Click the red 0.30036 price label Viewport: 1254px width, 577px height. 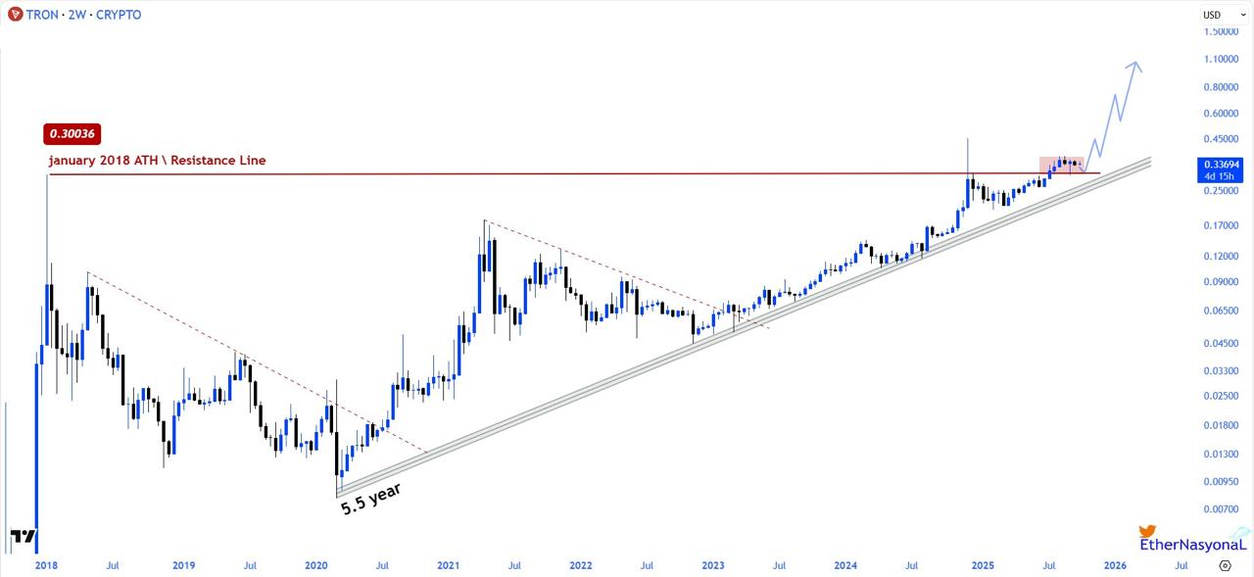[73, 133]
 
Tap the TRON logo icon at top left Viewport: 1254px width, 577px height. [15, 15]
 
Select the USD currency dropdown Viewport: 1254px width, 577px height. [1218, 15]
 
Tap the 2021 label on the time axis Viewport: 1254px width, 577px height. [448, 565]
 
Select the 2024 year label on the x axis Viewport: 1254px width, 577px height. [845, 565]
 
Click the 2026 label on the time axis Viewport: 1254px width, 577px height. [1115, 565]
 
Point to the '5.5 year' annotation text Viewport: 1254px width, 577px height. [370, 499]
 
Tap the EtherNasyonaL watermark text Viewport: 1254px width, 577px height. [1193, 545]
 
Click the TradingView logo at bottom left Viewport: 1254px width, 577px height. [23, 537]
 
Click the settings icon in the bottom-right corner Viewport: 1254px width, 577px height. [1226, 565]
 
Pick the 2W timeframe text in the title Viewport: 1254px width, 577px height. [76, 15]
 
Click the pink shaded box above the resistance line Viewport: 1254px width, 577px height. [1062, 165]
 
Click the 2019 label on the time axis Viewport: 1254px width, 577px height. [183, 565]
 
